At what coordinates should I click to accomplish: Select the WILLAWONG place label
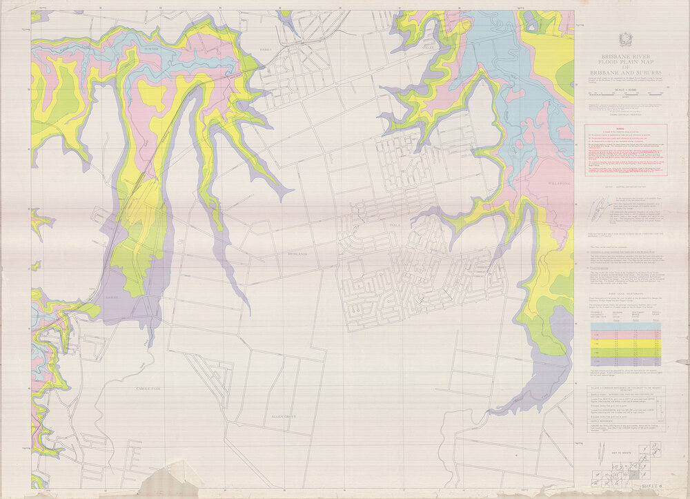[x=558, y=184]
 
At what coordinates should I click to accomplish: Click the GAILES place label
[x=112, y=297]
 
